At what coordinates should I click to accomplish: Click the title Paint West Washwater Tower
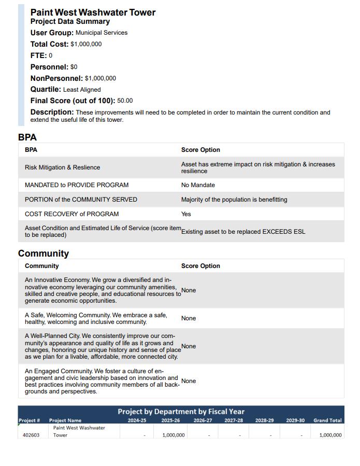coord(93,12)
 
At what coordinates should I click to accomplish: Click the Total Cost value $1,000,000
coord(86,44)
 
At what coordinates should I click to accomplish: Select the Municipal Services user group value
coord(102,33)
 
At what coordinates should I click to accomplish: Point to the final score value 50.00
coord(125,101)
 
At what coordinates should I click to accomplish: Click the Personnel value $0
coord(74,67)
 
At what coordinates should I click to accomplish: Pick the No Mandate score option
coord(198,185)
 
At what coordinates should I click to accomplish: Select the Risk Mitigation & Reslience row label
coord(62,167)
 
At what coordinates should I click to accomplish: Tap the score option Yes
coord(186,214)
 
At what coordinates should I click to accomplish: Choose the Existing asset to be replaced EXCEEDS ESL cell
coord(243,232)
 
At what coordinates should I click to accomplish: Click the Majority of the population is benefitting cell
coord(234,200)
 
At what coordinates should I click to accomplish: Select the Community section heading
coord(44,253)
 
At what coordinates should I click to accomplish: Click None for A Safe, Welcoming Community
coord(189,318)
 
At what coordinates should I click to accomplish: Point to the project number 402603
coord(31,435)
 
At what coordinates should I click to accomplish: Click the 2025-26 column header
coord(170,420)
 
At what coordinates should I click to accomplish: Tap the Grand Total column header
coord(327,420)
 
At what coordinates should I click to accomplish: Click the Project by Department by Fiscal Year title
coord(181,412)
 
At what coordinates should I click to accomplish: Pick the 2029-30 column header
coord(295,420)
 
